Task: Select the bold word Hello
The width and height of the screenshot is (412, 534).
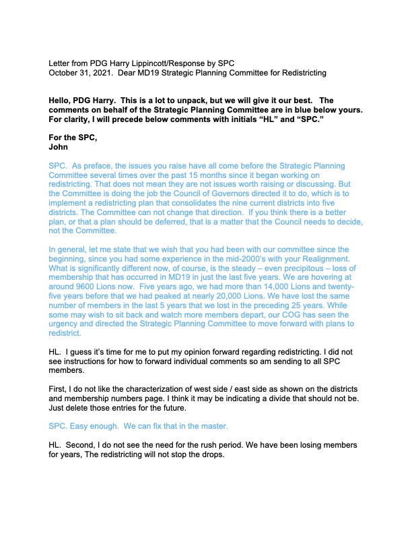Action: click(x=61, y=100)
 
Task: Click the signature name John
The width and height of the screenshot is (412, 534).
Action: click(x=59, y=146)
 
